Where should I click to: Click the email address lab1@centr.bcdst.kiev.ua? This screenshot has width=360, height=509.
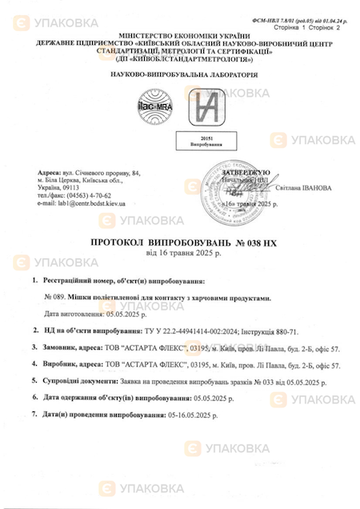tap(81, 203)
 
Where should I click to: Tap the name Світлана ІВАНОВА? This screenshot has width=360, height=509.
tap(305, 188)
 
